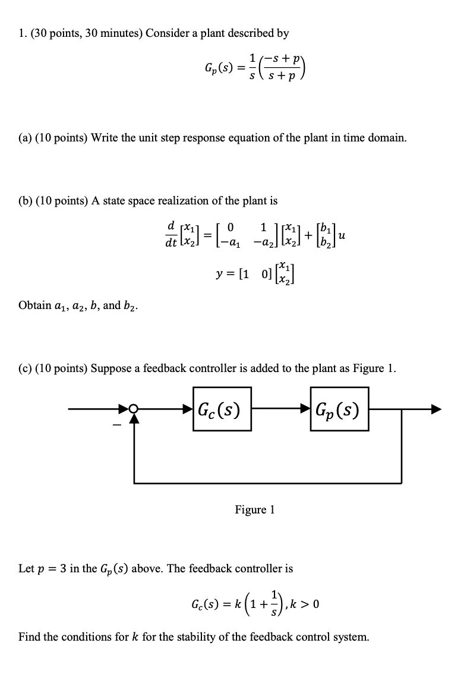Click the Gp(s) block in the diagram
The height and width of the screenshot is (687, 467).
tap(339, 409)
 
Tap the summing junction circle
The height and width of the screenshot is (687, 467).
tap(134, 409)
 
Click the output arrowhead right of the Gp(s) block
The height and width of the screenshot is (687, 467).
tap(436, 409)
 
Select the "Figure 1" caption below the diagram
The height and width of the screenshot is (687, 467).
tap(255, 509)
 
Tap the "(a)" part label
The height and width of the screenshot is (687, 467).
tap(26, 138)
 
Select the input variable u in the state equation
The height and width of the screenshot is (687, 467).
tap(341, 236)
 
